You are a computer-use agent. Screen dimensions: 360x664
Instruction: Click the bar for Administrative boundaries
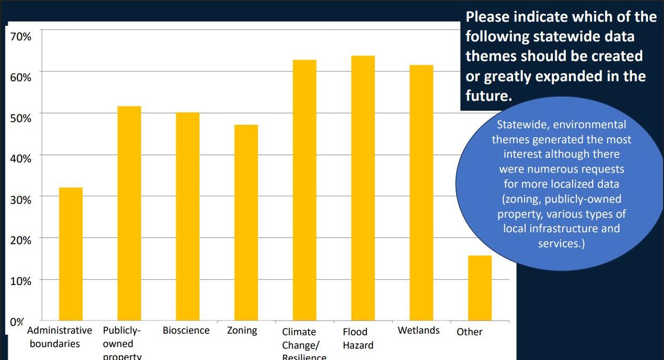pyautogui.click(x=71, y=254)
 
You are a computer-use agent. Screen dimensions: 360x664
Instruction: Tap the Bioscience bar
pyautogui.click(x=187, y=216)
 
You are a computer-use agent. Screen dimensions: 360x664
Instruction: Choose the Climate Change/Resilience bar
pyautogui.click(x=304, y=190)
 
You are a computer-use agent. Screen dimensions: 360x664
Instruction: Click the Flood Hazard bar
pyautogui.click(x=363, y=188)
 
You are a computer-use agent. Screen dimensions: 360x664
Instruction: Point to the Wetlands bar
pyautogui.click(x=421, y=193)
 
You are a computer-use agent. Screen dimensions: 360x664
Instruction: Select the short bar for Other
pyautogui.click(x=480, y=288)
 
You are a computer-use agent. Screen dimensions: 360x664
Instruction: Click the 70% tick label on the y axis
pyautogui.click(x=20, y=36)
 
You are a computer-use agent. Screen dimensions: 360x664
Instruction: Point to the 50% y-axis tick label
pyautogui.click(x=20, y=118)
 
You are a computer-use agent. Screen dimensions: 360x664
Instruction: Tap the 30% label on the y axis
pyautogui.click(x=20, y=199)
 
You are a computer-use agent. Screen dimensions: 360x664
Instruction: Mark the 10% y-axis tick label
pyautogui.click(x=20, y=281)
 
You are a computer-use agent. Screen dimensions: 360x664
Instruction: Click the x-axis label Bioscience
pyautogui.click(x=186, y=331)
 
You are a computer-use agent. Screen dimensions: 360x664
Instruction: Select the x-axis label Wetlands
pyautogui.click(x=418, y=331)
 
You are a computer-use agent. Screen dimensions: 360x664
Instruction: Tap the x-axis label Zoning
pyautogui.click(x=242, y=331)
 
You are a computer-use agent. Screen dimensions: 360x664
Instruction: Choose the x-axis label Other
pyautogui.click(x=470, y=332)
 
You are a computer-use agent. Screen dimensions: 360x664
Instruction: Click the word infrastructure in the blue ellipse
pyautogui.click(x=562, y=229)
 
